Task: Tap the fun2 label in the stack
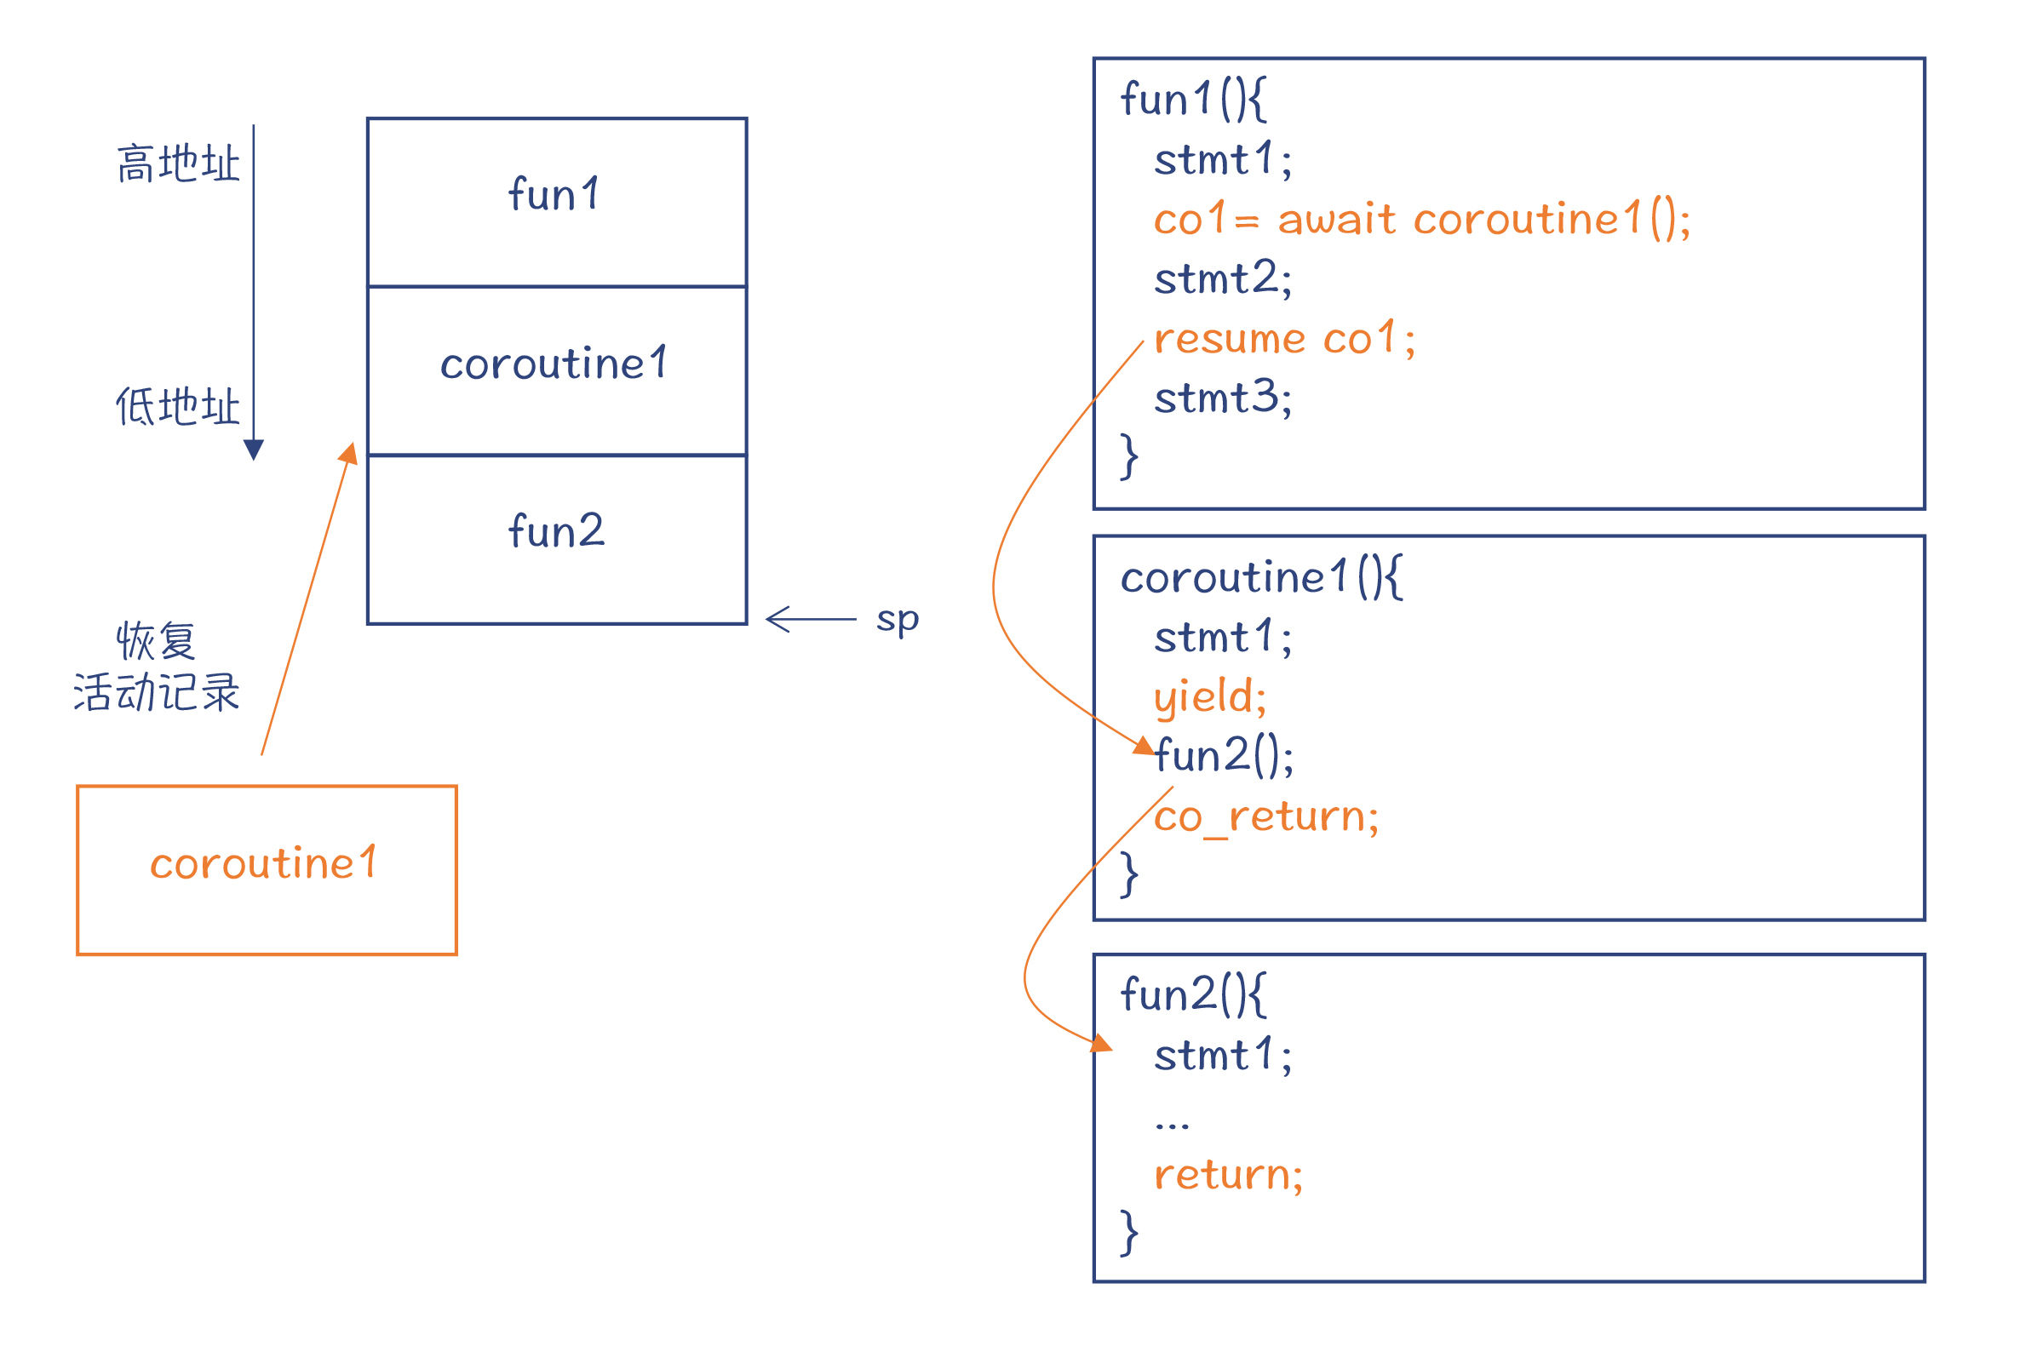tap(556, 530)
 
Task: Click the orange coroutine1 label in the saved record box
tap(263, 862)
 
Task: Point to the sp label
tap(897, 620)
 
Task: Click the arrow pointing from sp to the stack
tap(811, 618)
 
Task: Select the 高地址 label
tap(179, 163)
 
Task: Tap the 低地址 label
tap(179, 406)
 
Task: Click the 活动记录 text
tap(157, 693)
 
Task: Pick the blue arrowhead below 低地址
tap(253, 450)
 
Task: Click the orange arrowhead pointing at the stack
tap(348, 453)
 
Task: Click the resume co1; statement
tap(1284, 338)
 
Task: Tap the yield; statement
tap(1209, 696)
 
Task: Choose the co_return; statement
tap(1266, 816)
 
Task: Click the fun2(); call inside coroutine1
tap(1223, 756)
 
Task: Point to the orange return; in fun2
tap(1228, 1174)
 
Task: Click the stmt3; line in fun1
tap(1222, 398)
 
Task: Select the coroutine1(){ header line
tap(1262, 577)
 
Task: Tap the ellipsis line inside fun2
tap(1172, 1125)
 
